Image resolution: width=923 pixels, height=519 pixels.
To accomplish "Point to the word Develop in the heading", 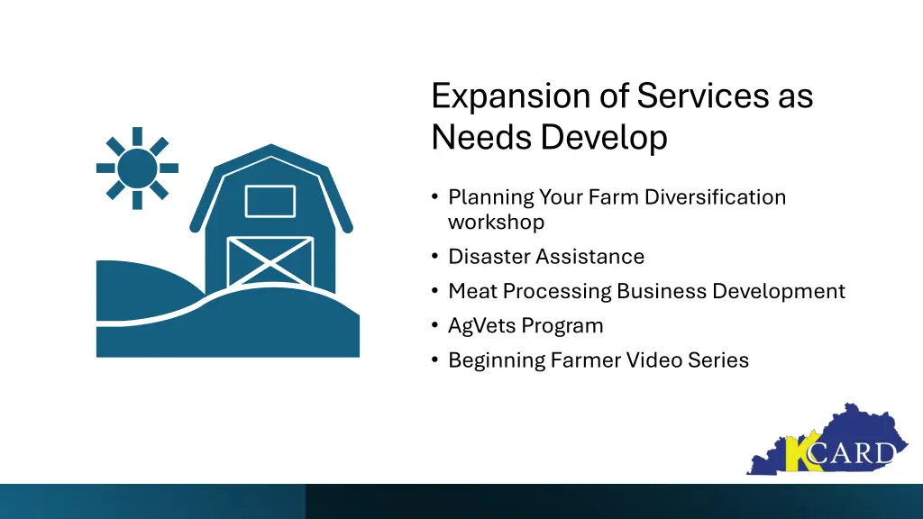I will click(604, 138).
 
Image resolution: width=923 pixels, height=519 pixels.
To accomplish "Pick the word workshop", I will click(496, 221).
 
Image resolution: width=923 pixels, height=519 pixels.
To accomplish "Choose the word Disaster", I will click(489, 257).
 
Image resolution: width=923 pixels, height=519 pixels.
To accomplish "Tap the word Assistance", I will click(590, 257).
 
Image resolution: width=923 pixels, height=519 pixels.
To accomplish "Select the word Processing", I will click(555, 291).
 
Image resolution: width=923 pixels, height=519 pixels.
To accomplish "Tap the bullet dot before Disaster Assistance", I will click(435, 257).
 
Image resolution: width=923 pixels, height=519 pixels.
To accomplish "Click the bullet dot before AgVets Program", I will click(435, 325).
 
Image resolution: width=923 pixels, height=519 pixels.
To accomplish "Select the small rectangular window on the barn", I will click(270, 201).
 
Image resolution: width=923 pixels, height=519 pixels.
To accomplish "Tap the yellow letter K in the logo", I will click(797, 454).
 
